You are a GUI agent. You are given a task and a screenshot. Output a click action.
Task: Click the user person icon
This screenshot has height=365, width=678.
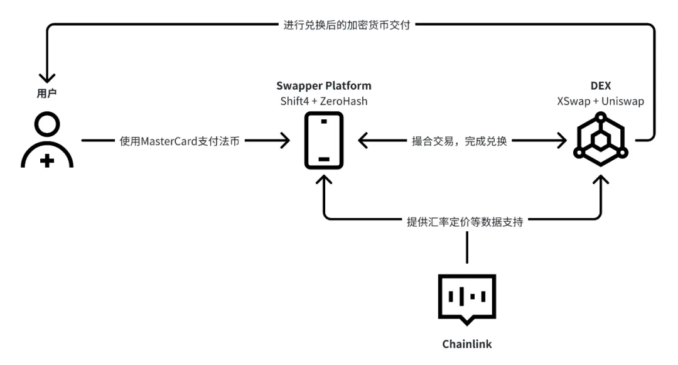[47, 141]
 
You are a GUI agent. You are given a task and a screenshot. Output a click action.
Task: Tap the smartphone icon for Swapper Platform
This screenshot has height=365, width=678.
[323, 141]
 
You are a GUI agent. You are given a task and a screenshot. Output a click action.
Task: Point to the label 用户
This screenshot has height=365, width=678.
[47, 93]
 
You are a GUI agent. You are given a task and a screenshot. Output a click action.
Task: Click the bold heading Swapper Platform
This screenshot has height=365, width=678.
[323, 85]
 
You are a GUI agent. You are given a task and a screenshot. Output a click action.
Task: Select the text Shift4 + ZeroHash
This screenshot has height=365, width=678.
[323, 101]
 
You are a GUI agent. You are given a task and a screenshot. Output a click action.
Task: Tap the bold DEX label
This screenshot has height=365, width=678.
[601, 85]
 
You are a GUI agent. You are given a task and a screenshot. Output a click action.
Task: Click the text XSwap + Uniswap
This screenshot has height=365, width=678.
[601, 101]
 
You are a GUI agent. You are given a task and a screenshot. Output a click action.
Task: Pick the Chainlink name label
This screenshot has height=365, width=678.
[466, 344]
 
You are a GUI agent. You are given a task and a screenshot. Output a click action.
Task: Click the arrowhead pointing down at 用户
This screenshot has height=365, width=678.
[47, 79]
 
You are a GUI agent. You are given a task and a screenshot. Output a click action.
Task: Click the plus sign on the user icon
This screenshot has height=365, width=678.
[47, 161]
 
